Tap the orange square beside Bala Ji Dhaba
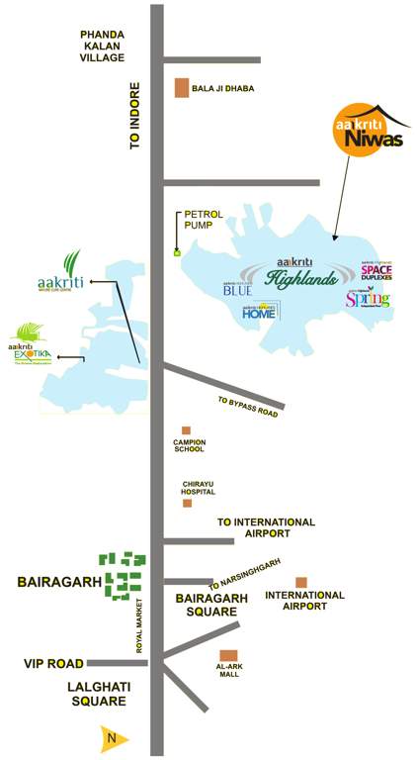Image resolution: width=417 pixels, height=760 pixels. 182,88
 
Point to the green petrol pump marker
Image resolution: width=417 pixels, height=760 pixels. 178,253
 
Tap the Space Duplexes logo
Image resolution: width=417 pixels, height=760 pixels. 375,271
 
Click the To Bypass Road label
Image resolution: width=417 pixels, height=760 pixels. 248,407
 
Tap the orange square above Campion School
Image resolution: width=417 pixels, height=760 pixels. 186,430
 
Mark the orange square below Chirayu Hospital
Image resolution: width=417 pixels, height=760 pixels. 187,503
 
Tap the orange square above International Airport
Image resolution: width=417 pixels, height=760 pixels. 301,583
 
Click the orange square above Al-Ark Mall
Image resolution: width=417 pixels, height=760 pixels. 228,655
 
